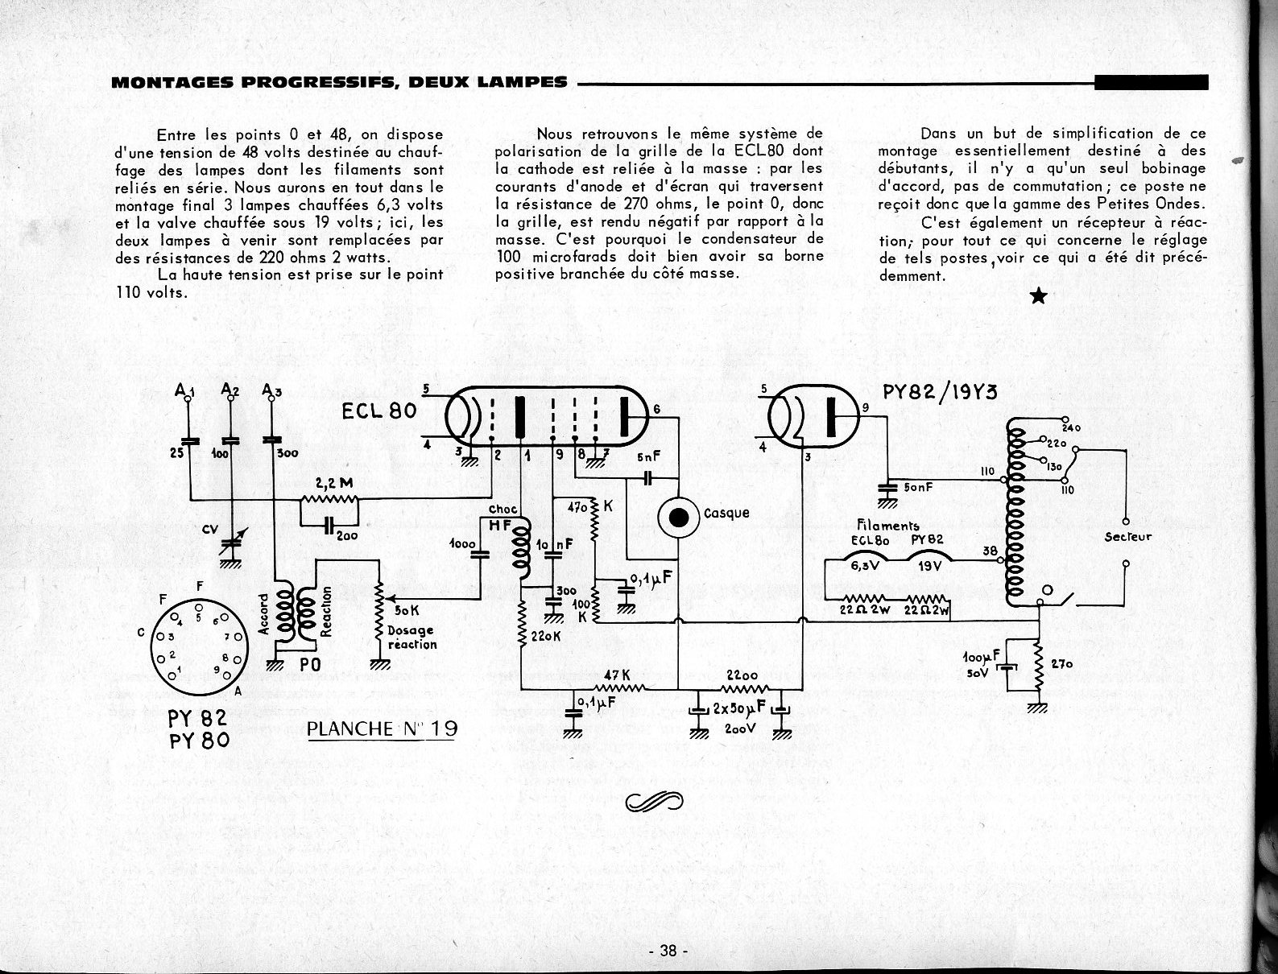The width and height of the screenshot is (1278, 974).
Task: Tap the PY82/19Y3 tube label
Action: (x=940, y=392)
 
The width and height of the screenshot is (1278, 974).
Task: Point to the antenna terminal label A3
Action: (x=271, y=392)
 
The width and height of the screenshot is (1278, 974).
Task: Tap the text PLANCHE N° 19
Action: (x=383, y=729)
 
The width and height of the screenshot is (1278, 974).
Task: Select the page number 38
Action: (x=668, y=951)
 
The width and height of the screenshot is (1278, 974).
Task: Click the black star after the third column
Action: (x=1039, y=297)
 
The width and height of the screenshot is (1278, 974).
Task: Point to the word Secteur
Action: (x=1127, y=537)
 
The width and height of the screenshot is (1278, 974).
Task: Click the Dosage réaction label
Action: (x=412, y=638)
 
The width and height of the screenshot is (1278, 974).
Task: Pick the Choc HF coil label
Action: (x=503, y=518)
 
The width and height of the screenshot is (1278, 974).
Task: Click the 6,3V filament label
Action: (x=861, y=565)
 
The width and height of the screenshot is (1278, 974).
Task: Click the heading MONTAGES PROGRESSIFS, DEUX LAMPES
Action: (x=339, y=82)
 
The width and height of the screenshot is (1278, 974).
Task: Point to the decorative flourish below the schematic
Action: (x=653, y=801)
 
